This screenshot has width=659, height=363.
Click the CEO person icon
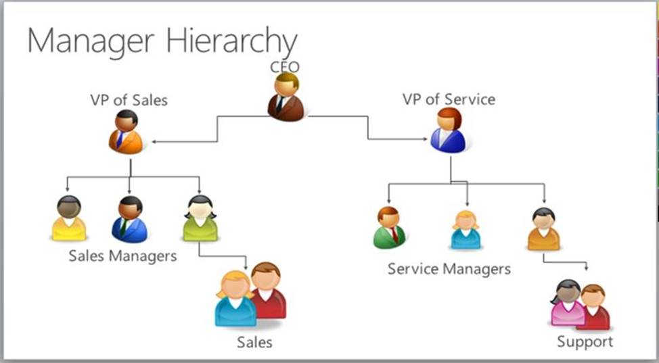tap(285, 98)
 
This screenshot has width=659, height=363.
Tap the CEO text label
tap(285, 66)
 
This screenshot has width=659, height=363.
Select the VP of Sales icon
tap(126, 132)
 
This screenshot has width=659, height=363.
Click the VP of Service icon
tap(448, 131)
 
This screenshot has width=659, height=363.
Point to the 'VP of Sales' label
tap(129, 100)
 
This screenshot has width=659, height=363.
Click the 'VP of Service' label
tap(449, 100)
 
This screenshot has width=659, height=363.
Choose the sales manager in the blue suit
tap(129, 220)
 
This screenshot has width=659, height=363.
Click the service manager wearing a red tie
tap(389, 228)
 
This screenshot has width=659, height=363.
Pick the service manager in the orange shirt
tap(543, 229)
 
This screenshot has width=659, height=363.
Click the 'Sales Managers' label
tap(122, 256)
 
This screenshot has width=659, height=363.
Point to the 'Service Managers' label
tap(449, 269)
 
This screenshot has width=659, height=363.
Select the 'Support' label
tap(585, 341)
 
